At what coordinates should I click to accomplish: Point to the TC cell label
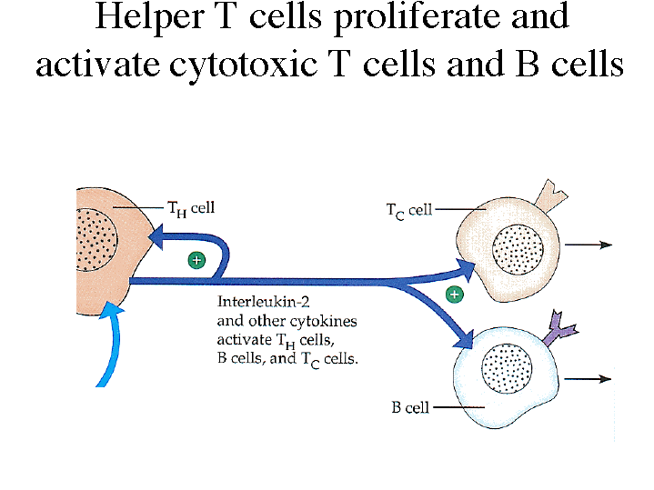pos(408,210)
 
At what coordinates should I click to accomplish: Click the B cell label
pos(410,408)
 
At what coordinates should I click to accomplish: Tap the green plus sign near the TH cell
pos(196,261)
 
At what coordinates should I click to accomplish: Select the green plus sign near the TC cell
pos(454,295)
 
